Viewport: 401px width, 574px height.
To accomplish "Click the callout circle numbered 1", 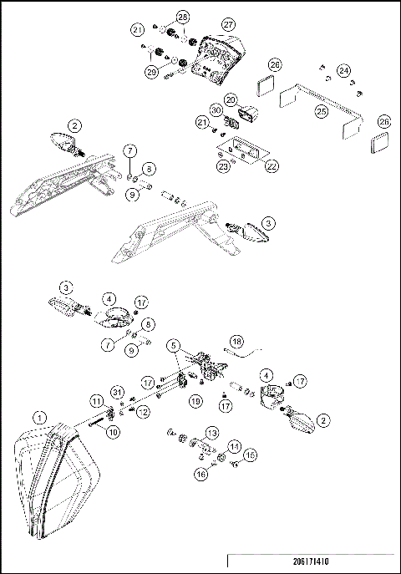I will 38,416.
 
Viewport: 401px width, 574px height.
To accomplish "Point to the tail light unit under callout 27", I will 216,59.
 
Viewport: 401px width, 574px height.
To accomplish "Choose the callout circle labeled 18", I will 236,341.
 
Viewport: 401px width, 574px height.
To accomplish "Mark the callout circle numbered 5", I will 173,343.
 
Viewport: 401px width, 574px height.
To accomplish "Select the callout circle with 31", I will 116,395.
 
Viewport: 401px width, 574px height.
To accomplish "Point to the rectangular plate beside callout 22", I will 242,151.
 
